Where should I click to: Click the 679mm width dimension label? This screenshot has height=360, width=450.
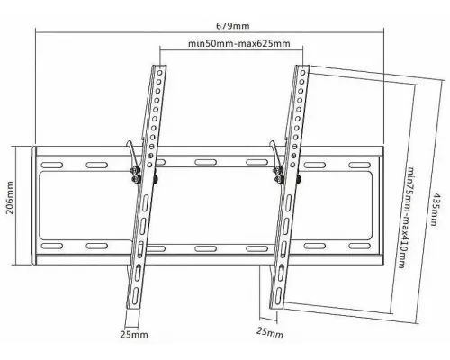point(232,26)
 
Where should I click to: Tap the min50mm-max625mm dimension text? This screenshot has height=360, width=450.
point(239,44)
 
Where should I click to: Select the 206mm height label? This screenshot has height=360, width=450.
point(10,197)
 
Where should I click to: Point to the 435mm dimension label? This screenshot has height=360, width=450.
point(436,209)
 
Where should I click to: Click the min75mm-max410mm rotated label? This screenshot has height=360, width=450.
point(406,217)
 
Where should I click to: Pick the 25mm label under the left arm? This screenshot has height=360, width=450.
point(134,334)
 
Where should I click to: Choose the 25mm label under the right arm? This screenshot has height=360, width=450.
point(270,332)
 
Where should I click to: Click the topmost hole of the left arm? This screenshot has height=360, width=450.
point(160,73)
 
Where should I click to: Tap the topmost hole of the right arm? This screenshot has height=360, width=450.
point(303,73)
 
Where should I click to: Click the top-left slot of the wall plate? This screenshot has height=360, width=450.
point(51,166)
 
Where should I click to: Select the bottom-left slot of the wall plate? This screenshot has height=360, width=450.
point(51,246)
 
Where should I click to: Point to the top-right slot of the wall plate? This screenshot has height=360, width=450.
point(360,166)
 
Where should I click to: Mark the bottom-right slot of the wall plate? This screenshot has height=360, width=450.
point(360,246)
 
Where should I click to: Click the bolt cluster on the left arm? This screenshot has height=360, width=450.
point(136,175)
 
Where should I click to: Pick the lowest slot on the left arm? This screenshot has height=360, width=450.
point(134,296)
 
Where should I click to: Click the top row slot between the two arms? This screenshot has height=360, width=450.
point(205,162)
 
